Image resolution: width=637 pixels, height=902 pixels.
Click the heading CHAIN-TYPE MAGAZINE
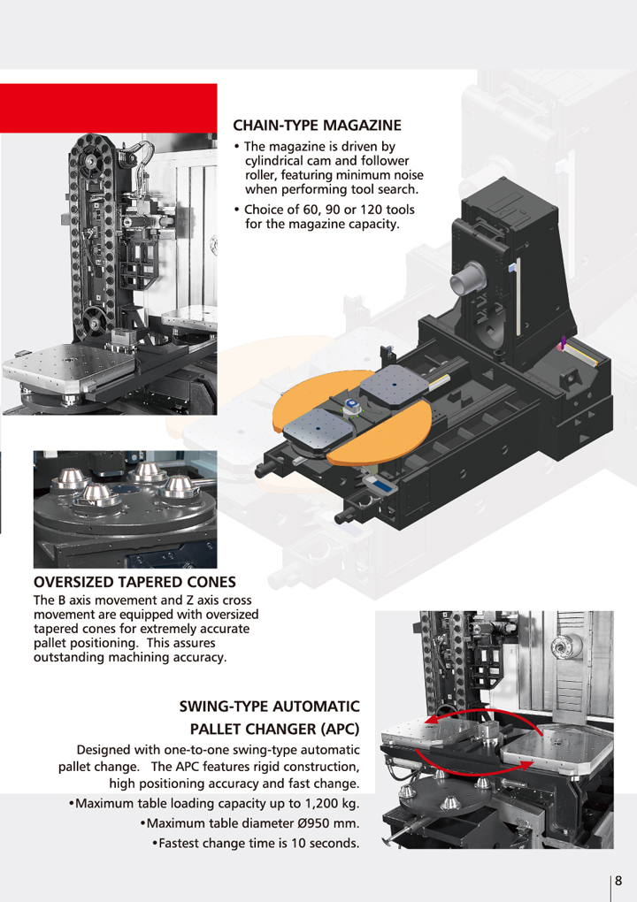317,126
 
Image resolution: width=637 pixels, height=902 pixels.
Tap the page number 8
618,881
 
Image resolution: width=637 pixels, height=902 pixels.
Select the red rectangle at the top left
108,108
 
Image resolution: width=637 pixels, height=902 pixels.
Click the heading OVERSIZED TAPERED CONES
134,582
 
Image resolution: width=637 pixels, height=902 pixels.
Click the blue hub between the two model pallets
349,408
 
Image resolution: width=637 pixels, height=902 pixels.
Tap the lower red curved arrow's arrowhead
526,765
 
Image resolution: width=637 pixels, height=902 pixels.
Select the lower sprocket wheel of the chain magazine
92,320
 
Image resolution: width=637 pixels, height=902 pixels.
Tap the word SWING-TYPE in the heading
223,707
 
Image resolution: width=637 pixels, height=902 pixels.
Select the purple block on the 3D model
563,344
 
